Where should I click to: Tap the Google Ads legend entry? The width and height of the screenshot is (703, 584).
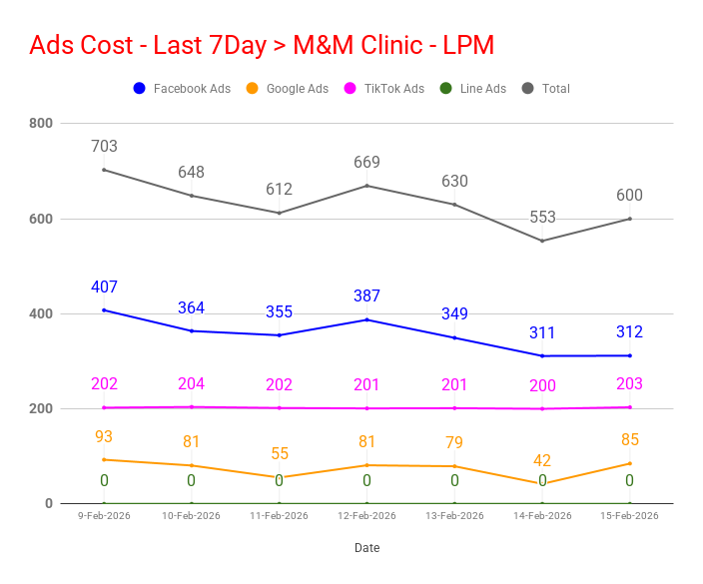point(287,89)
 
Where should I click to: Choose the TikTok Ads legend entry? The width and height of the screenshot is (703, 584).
point(384,89)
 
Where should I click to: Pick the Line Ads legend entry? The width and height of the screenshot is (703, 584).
point(473,89)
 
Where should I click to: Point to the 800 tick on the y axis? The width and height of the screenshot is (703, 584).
point(41,124)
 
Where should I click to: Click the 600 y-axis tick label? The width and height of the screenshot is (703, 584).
point(41,219)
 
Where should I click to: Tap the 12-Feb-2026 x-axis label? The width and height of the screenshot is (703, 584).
point(366,516)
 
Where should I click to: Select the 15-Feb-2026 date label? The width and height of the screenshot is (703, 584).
point(630,516)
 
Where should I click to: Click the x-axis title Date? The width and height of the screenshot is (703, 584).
point(366,548)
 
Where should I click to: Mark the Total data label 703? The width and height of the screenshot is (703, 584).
point(104,147)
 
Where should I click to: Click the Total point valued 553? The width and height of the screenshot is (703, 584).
point(542,241)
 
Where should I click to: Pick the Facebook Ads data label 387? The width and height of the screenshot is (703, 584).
point(366,296)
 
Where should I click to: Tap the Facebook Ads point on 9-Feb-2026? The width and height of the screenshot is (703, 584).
point(104,310)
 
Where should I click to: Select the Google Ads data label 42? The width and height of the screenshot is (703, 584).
point(542,461)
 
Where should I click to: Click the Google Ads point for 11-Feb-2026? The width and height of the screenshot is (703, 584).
point(280,477)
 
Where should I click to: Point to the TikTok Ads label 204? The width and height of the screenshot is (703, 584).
point(191,384)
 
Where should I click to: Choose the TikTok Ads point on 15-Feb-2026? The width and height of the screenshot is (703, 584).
point(630,407)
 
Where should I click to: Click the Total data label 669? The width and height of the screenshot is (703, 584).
point(366,163)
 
